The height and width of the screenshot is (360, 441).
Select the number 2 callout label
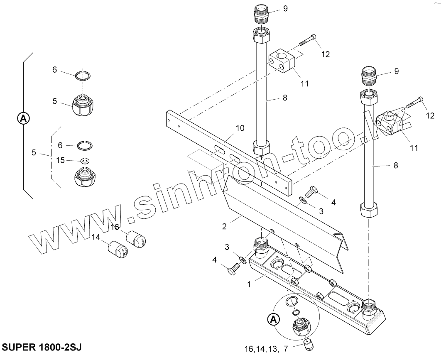pos(225,226)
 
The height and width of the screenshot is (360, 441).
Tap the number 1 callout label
pos(249,285)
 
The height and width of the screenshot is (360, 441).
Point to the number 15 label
pos(61,160)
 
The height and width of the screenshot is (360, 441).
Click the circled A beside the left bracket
pos(23,119)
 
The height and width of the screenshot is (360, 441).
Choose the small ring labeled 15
pos(86,161)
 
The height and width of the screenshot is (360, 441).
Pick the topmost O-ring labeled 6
pos(83,76)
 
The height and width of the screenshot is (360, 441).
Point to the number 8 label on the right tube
pos(395,165)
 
